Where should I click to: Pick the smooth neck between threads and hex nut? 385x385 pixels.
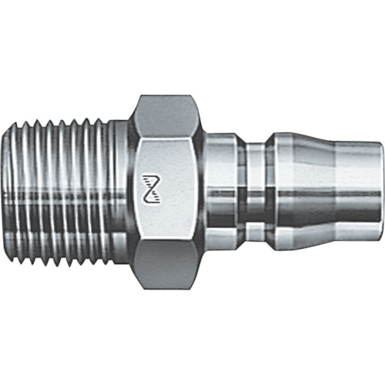[x=120, y=192]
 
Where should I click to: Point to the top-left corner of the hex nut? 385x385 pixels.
[x=139, y=98]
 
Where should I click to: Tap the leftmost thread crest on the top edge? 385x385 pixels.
[x=25, y=123]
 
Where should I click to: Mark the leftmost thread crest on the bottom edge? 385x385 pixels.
[x=25, y=262]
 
